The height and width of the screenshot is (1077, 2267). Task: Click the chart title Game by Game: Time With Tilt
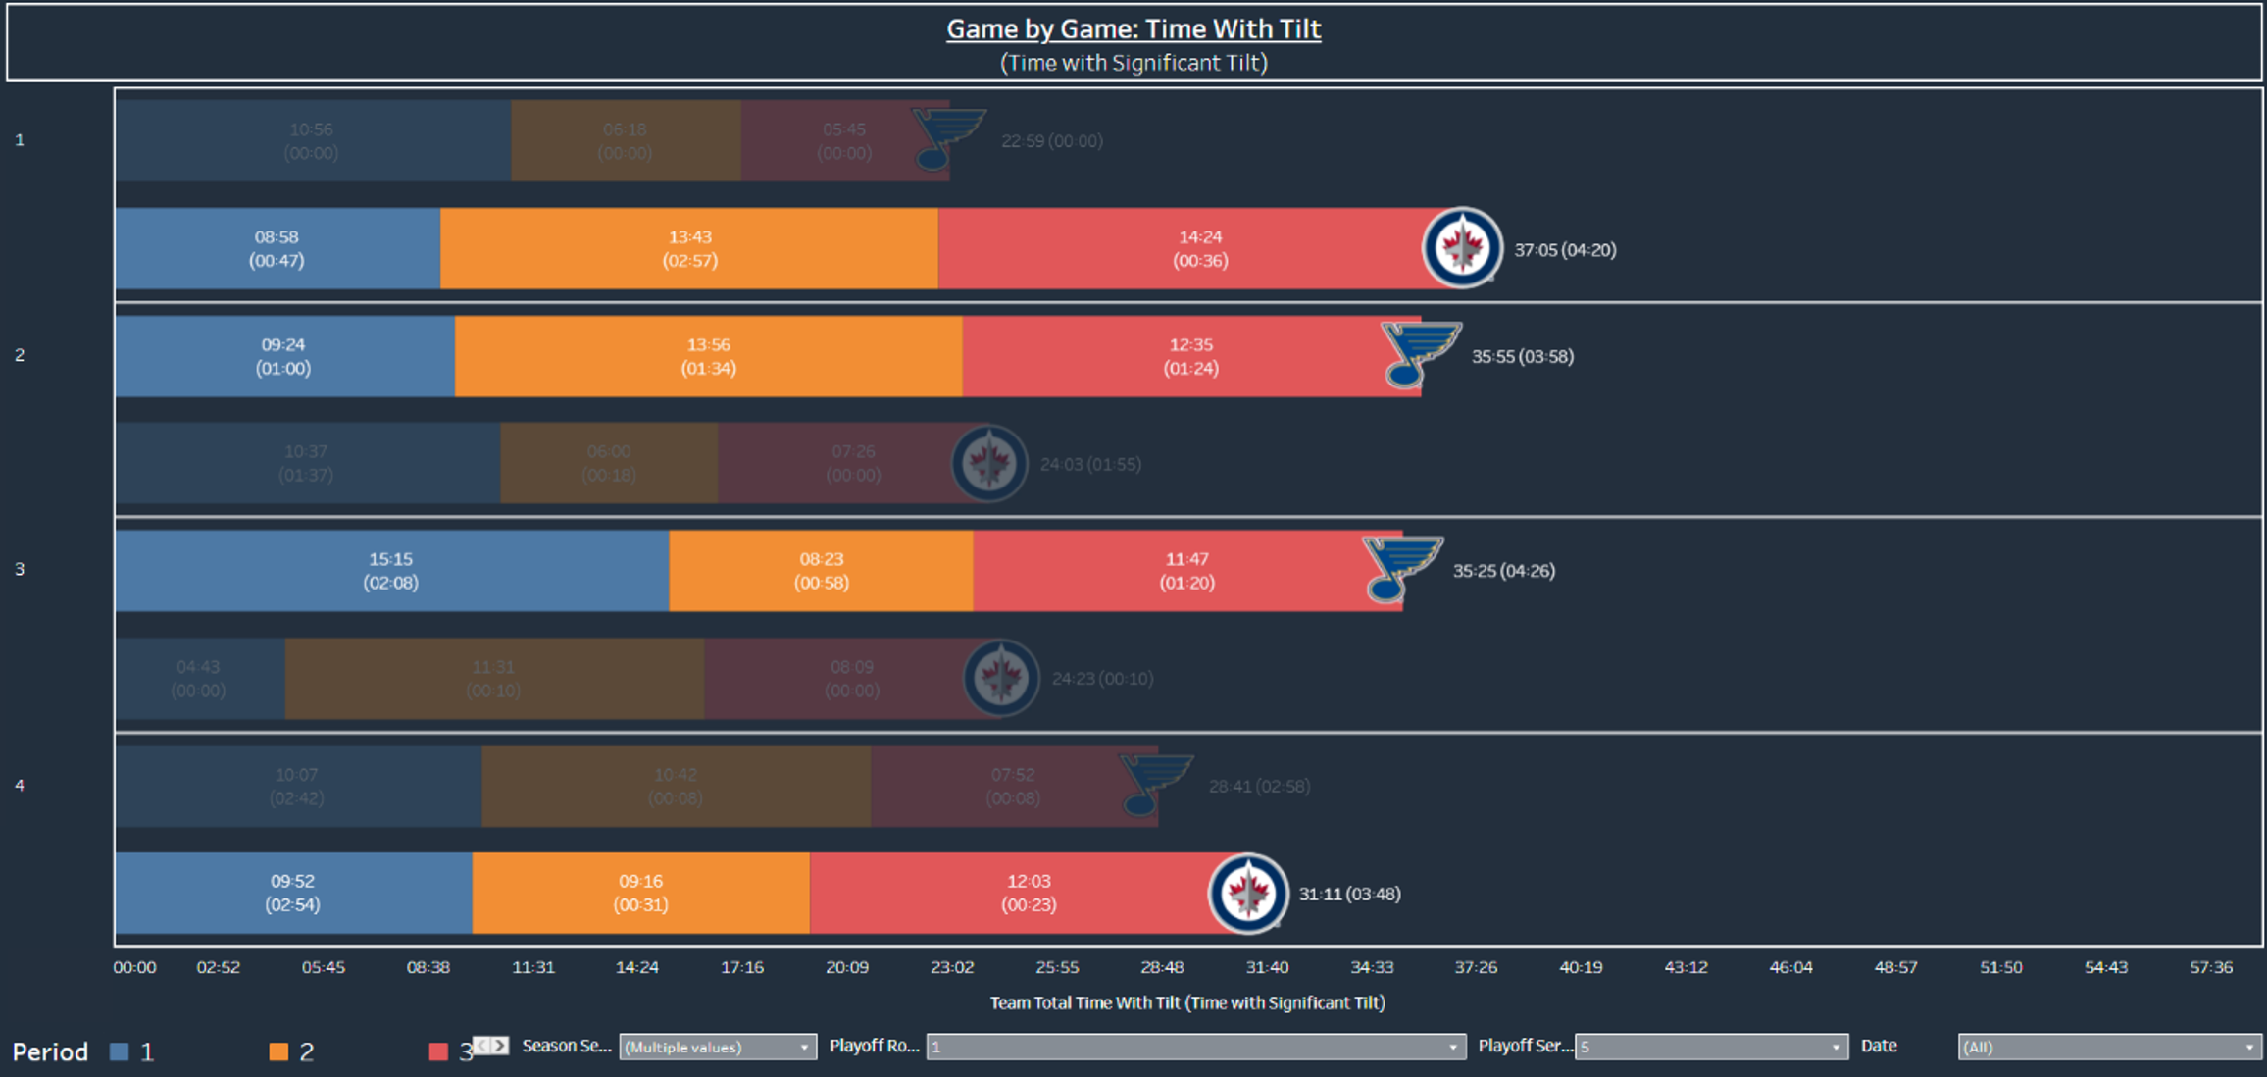click(x=1133, y=29)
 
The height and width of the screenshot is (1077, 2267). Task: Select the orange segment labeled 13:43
click(x=689, y=248)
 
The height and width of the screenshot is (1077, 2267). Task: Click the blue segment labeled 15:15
click(x=391, y=571)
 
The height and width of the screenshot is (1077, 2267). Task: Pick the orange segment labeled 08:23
click(x=821, y=571)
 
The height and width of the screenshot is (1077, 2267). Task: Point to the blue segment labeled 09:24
click(x=284, y=356)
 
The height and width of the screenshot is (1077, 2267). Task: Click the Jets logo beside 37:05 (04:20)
click(x=1462, y=247)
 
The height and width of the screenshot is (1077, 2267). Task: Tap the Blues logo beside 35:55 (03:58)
click(x=1420, y=354)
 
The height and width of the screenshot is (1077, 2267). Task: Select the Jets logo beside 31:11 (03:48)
click(x=1248, y=893)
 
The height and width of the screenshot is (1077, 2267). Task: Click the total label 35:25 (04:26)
click(x=1503, y=571)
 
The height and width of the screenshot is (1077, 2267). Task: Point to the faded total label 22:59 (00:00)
click(x=1051, y=141)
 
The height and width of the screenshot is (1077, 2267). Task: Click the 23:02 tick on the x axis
click(x=952, y=967)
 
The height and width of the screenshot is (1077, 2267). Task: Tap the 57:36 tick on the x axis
click(x=2211, y=967)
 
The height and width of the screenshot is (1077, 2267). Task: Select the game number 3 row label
click(x=20, y=569)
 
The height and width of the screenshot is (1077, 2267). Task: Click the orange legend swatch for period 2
click(x=278, y=1051)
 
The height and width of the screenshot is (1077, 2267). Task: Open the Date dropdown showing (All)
click(x=2108, y=1047)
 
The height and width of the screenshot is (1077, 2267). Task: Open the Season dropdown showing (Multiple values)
click(x=717, y=1047)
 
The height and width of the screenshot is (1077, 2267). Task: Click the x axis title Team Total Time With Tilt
click(x=1186, y=1002)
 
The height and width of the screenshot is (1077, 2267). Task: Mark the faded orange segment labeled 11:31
click(x=493, y=679)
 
